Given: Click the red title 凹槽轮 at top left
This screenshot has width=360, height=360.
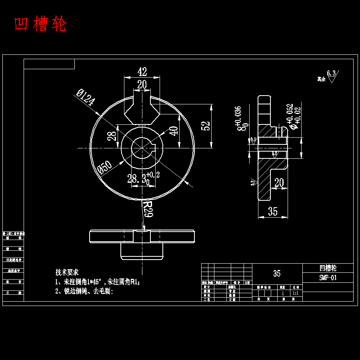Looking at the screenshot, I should coord(40,24).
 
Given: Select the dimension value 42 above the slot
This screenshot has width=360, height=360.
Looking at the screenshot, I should coord(142,72).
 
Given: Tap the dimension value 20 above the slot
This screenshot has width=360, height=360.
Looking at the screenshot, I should coord(142,84).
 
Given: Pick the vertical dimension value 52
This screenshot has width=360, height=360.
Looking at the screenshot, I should coord(206,126).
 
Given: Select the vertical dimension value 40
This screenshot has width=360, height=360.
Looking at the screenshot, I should coord(174,131).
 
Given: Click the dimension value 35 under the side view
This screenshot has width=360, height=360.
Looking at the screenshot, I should coord(273,212).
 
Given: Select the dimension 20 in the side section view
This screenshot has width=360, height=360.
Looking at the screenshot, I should coord(279,183).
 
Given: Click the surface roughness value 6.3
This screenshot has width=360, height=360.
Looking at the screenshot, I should coord(331,73).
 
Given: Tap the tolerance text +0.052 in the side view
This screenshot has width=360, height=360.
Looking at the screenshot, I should coord(290,113).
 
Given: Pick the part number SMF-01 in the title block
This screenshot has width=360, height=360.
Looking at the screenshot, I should coord(328,278).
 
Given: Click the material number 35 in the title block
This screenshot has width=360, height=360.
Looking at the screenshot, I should coord(277,274).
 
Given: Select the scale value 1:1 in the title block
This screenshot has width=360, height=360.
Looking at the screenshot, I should coord(296,293).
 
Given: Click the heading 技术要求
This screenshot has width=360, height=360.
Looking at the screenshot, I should coord(67,272).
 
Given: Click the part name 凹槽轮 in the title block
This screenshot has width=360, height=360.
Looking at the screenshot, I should coord(328,268).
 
